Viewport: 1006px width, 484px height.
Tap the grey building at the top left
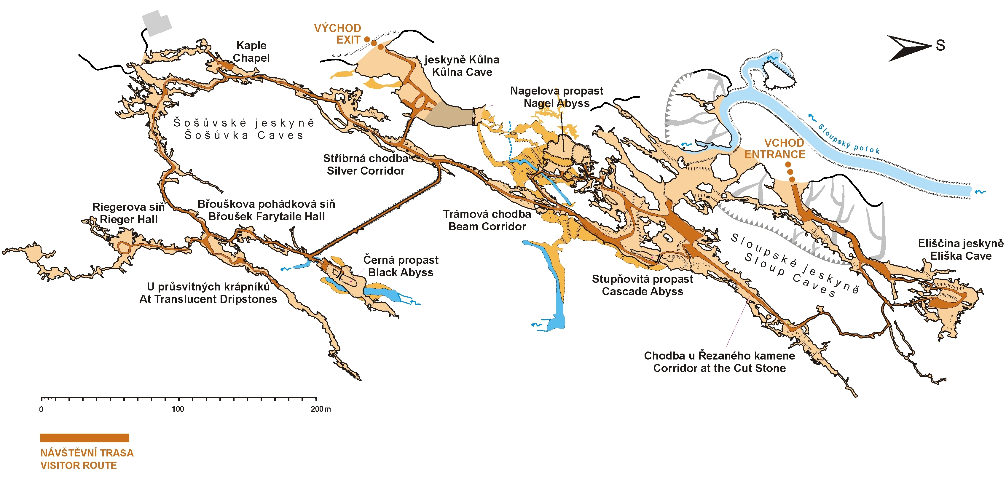pyautogui.click(x=157, y=23)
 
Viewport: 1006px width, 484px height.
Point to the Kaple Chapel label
pyautogui.click(x=251, y=52)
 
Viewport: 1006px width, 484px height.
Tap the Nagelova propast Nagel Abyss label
pyautogui.click(x=557, y=97)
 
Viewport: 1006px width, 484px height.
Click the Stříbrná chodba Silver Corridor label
pyautogui.click(x=366, y=164)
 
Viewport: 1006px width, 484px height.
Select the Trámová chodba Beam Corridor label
pyautogui.click(x=487, y=220)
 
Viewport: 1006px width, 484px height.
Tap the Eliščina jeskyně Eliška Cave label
pyautogui.click(x=961, y=250)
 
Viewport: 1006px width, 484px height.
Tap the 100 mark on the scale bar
pyautogui.click(x=178, y=409)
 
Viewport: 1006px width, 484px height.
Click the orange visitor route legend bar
pyautogui.click(x=85, y=437)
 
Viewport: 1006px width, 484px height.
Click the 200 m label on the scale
pyautogui.click(x=321, y=409)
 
